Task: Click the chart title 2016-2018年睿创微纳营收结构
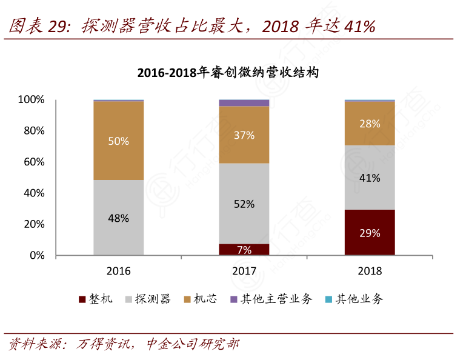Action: coord(228,73)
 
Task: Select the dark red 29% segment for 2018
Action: coord(370,232)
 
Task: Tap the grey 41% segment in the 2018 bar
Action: coord(370,178)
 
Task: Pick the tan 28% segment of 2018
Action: coord(370,123)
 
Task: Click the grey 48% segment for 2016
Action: coord(119,218)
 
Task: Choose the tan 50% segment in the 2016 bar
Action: coord(119,141)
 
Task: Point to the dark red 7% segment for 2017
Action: coord(244,249)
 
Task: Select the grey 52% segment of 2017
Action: coord(244,204)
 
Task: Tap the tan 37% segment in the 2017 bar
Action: coord(244,135)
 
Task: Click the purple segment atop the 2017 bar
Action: coord(244,103)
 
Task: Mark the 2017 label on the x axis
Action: coord(244,270)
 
